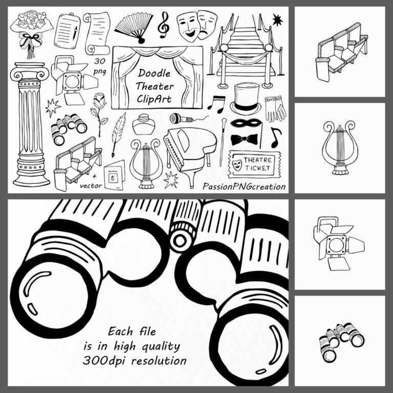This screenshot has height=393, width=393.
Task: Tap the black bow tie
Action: point(244,139)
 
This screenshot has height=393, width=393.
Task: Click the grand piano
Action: point(185,150)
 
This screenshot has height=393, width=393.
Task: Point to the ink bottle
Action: point(144,124)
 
